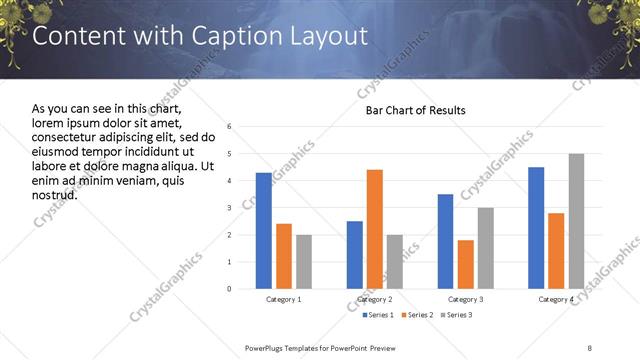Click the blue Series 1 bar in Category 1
tap(263, 230)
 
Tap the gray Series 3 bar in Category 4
tap(576, 221)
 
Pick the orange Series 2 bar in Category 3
tap(465, 264)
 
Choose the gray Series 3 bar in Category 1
tap(303, 261)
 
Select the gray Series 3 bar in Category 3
tap(485, 248)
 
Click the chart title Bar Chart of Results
tap(415, 109)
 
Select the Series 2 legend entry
tap(415, 315)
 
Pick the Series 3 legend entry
tap(458, 315)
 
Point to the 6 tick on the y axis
tap(229, 127)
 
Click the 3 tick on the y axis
tap(229, 208)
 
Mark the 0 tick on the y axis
tap(229, 289)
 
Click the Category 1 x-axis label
tap(283, 299)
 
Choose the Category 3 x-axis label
tap(465, 299)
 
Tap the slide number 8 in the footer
tap(590, 347)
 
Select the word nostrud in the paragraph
tap(55, 193)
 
